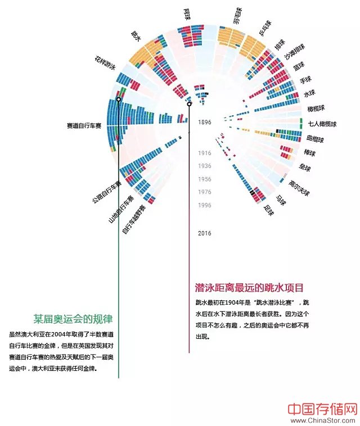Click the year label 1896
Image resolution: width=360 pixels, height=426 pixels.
pyautogui.click(x=204, y=121)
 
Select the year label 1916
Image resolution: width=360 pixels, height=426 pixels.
pyautogui.click(x=204, y=153)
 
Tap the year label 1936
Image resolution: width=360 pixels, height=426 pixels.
pyautogui.click(x=204, y=166)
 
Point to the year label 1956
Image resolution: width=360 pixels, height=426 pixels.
pyautogui.click(x=204, y=179)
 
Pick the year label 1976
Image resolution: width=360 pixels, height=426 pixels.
pyautogui.click(x=204, y=192)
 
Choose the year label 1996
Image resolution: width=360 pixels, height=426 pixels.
pyautogui.click(x=204, y=206)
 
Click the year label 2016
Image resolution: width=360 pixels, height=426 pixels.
pyautogui.click(x=204, y=233)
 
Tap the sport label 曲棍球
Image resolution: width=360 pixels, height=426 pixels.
pyautogui.click(x=316, y=139)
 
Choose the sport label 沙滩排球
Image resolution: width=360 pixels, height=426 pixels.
pyautogui.click(x=294, y=51)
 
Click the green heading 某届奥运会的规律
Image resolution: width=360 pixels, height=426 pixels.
pyautogui.click(x=73, y=318)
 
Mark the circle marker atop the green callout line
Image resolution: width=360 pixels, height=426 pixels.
pyautogui.click(x=118, y=99)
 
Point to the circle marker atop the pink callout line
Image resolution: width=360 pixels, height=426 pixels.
pyautogui.click(x=190, y=104)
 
